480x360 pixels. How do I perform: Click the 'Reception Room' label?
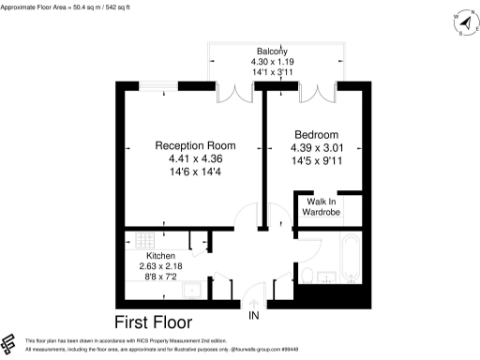[195, 146]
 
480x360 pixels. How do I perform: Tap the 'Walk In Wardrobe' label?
[322, 206]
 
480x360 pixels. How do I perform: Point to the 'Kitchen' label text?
[160, 255]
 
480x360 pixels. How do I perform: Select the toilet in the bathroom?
[307, 275]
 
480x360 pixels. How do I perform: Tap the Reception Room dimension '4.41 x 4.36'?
[195, 159]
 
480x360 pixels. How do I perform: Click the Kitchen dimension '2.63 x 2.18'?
[160, 266]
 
